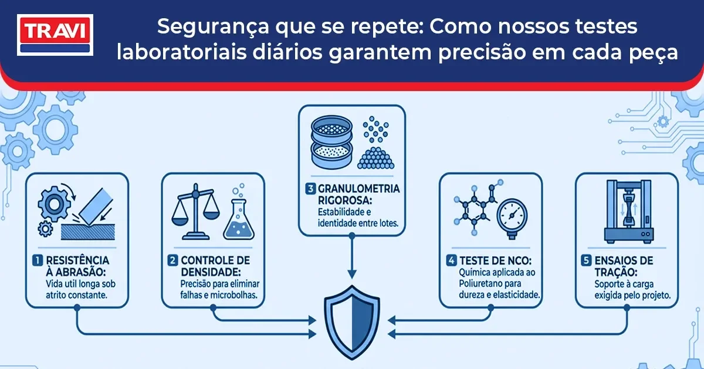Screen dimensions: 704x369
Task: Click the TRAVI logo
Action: coord(55,36)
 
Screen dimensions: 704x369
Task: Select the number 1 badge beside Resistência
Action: coord(37,259)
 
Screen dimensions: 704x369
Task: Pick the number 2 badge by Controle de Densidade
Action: coord(172,259)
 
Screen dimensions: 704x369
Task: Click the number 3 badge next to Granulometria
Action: coord(310,189)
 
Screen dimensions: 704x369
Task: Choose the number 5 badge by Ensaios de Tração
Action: coord(586,259)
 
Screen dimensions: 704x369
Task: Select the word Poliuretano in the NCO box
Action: coord(475,283)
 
